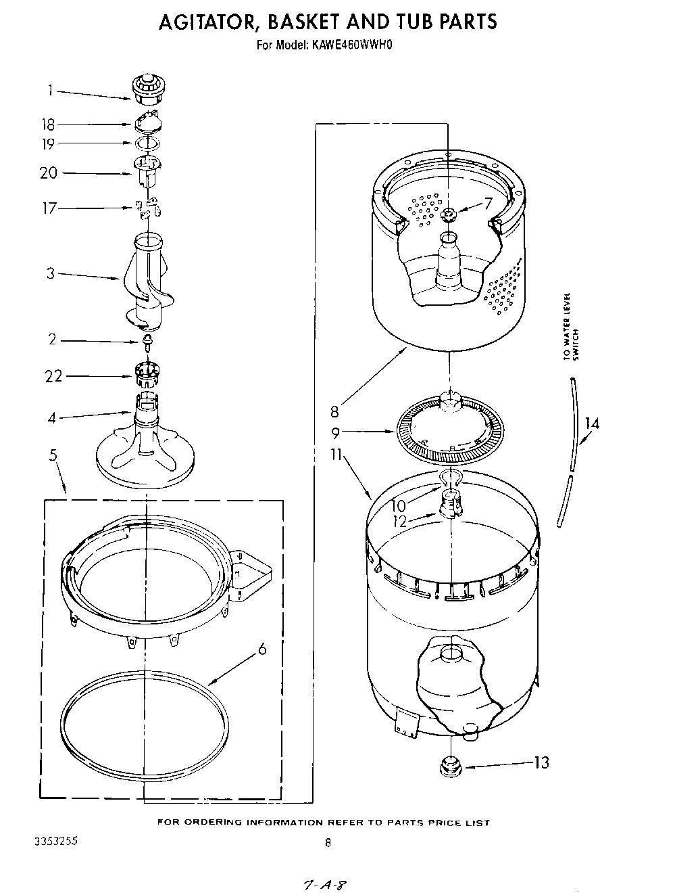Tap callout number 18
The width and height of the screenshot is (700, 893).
47,124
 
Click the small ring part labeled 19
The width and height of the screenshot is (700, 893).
147,143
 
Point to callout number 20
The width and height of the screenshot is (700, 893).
49,173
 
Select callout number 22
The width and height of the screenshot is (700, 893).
53,376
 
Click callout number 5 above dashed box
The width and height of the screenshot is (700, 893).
53,455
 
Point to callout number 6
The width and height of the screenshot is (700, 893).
262,649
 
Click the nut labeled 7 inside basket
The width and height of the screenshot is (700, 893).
449,215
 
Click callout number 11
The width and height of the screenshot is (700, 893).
336,455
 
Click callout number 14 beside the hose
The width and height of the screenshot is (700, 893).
592,423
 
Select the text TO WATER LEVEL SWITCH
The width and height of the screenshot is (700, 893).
571,327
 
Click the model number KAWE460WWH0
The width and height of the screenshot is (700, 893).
351,45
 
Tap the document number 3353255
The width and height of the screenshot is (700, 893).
55,842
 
